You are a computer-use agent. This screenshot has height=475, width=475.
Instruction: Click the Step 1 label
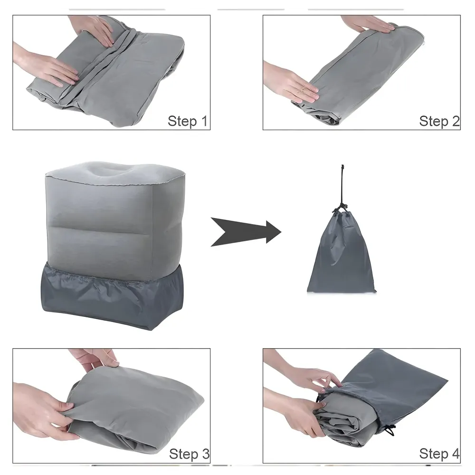[x=188, y=121]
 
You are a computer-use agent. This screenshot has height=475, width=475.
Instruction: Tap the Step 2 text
[x=439, y=121]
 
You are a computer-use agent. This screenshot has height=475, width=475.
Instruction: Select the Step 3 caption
[x=189, y=454]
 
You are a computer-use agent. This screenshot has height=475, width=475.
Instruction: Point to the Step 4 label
[x=439, y=454]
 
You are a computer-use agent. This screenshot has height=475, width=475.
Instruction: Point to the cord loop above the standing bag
[x=342, y=183]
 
